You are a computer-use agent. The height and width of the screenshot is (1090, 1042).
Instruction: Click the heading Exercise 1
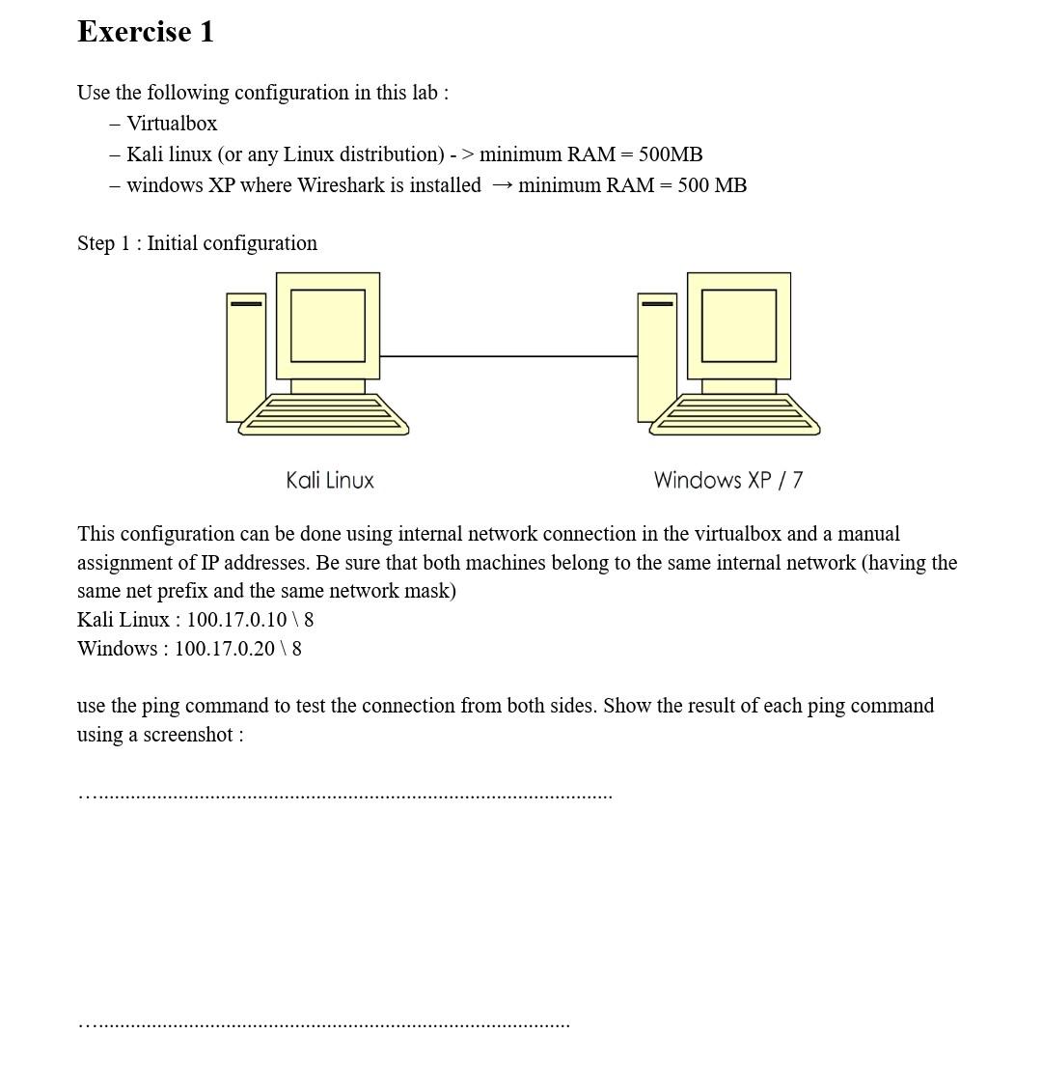coord(146,32)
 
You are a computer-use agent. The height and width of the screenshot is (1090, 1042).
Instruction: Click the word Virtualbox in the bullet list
coord(172,124)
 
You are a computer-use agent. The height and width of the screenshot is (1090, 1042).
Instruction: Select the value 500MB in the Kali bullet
coord(670,154)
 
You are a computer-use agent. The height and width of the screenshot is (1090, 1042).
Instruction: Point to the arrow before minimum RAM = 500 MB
coord(501,185)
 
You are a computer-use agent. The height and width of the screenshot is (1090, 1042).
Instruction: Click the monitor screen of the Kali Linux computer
coord(328,325)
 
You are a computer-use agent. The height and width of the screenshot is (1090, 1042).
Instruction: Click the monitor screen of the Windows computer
coord(739,325)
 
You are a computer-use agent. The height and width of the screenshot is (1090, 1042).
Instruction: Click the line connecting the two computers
coord(508,356)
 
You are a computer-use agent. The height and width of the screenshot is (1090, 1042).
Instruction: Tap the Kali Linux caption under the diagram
coord(330,480)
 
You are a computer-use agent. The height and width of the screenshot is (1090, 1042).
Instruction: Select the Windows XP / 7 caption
coord(727,480)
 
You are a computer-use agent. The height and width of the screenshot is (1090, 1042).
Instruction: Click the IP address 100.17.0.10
coord(236,620)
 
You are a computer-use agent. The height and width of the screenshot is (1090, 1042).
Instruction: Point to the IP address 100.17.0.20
coord(224,649)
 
